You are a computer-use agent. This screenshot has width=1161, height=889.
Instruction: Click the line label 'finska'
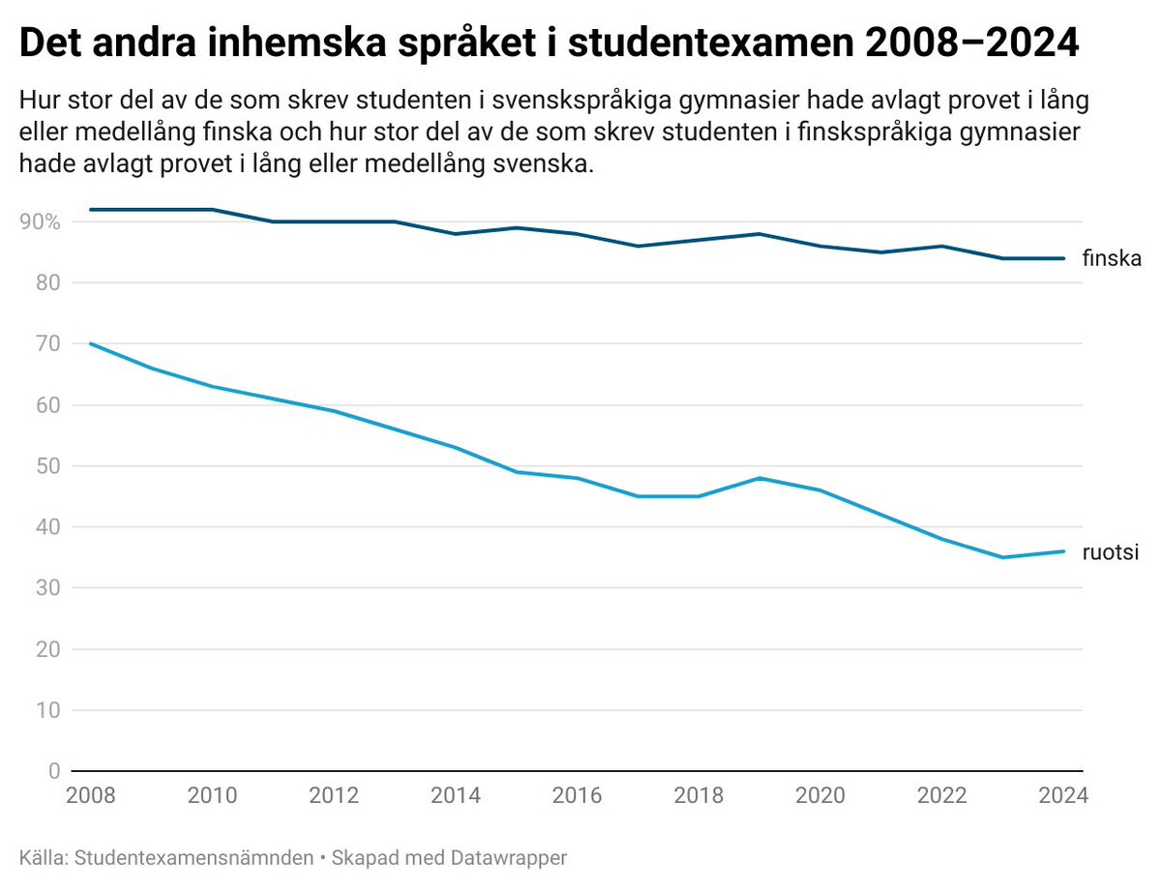[1113, 259]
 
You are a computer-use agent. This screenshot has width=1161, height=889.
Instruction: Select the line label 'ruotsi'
[1111, 552]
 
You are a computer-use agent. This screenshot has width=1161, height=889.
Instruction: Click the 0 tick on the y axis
[53, 772]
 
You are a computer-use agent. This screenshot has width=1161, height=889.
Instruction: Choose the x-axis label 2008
[90, 796]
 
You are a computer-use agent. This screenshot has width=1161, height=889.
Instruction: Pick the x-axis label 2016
[578, 796]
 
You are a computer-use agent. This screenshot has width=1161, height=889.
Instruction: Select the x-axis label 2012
[334, 796]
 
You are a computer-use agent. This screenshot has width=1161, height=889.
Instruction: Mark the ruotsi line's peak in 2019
[760, 478]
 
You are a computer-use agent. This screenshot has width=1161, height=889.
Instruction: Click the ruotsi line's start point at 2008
[90, 343]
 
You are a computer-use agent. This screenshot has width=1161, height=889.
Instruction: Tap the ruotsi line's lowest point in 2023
[1003, 557]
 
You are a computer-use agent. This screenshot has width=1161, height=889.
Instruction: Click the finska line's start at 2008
[90, 210]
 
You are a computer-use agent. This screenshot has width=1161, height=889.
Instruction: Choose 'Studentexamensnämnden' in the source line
[193, 858]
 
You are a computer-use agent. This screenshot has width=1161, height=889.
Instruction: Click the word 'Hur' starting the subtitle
[38, 102]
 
